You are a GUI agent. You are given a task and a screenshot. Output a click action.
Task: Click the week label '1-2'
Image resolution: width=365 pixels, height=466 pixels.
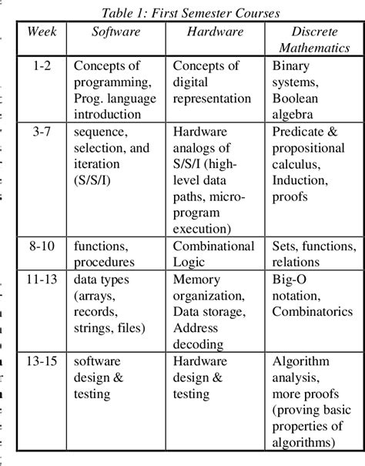tap(42, 66)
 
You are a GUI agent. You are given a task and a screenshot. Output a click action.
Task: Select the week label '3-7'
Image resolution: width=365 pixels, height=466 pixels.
tap(42, 132)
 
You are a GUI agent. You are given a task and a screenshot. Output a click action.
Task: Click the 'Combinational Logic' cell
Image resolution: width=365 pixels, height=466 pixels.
tap(213, 255)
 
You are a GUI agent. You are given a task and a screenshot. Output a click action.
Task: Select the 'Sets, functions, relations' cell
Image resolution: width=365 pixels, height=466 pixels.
tap(313, 255)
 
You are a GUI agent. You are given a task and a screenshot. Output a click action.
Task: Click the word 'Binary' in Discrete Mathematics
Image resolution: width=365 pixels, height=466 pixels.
tap(291, 66)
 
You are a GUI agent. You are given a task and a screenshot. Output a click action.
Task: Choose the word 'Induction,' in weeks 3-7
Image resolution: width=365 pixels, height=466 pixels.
tap(302, 181)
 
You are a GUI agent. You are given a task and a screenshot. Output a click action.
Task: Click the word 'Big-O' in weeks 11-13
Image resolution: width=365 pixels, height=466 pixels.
tap(290, 280)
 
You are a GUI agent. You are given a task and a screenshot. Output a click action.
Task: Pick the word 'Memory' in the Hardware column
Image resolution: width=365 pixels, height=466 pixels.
tap(197, 280)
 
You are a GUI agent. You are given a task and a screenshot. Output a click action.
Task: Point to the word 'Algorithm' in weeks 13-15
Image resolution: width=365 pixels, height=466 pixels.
tap(300, 362)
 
